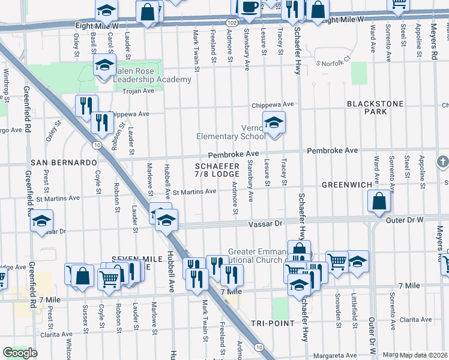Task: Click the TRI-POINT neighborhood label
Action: tap(274, 323)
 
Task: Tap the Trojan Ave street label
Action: tap(138, 91)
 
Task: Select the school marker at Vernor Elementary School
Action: tap(274, 124)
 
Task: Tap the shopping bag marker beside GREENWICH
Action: tap(379, 202)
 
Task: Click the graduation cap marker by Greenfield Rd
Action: tap(42, 221)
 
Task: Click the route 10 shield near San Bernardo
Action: tap(96, 145)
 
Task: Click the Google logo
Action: tap(19, 353)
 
